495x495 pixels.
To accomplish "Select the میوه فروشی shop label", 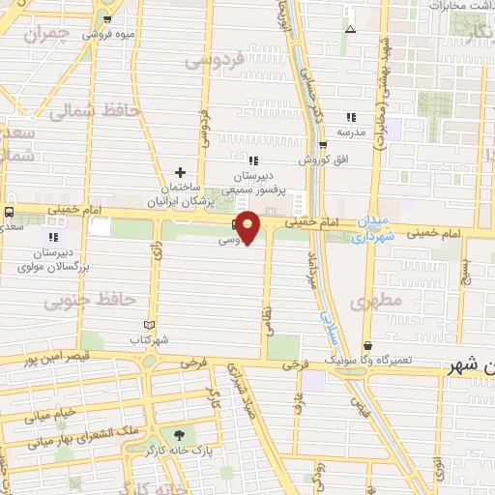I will click(x=107, y=34).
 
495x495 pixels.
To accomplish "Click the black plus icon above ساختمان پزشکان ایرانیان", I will click(x=180, y=172).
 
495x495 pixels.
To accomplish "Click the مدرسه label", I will click(x=350, y=130).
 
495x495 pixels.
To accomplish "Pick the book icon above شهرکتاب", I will click(x=148, y=325).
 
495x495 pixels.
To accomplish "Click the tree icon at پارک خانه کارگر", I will click(x=177, y=435).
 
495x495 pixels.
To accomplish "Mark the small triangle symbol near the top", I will click(x=350, y=29).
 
